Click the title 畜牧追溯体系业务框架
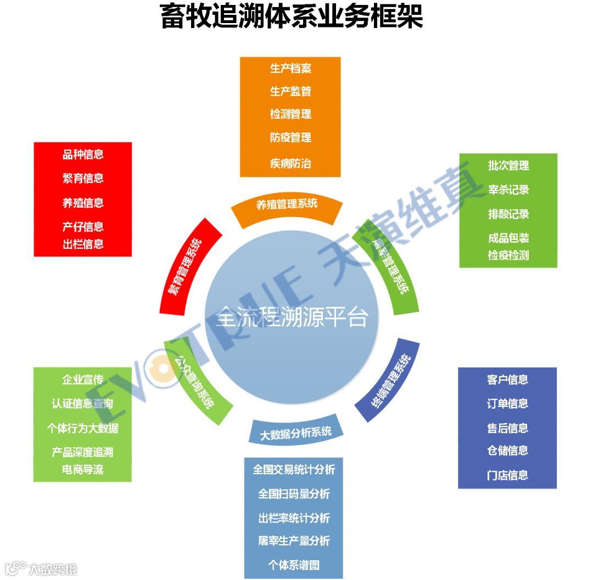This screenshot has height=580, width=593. pyautogui.click(x=291, y=16)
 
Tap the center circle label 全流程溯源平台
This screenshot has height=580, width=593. pyautogui.click(x=291, y=317)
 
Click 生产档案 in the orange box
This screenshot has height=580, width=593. pyautogui.click(x=290, y=69)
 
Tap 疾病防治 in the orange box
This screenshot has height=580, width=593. pyautogui.click(x=290, y=164)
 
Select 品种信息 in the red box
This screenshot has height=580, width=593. pyautogui.click(x=83, y=155)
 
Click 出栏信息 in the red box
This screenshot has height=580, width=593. pyautogui.click(x=83, y=244)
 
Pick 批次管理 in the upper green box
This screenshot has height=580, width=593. pyautogui.click(x=508, y=166)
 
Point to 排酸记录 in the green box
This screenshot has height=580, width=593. pyautogui.click(x=508, y=214)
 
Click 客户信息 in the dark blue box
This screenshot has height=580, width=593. pyautogui.click(x=507, y=380)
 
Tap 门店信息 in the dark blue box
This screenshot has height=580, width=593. pyautogui.click(x=507, y=475)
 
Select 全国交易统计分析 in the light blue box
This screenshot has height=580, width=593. pyautogui.click(x=294, y=470)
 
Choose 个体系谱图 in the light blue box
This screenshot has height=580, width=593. pyautogui.click(x=294, y=565)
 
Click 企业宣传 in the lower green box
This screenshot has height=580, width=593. pyautogui.click(x=83, y=380)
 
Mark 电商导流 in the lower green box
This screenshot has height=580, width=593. pyautogui.click(x=83, y=470)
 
